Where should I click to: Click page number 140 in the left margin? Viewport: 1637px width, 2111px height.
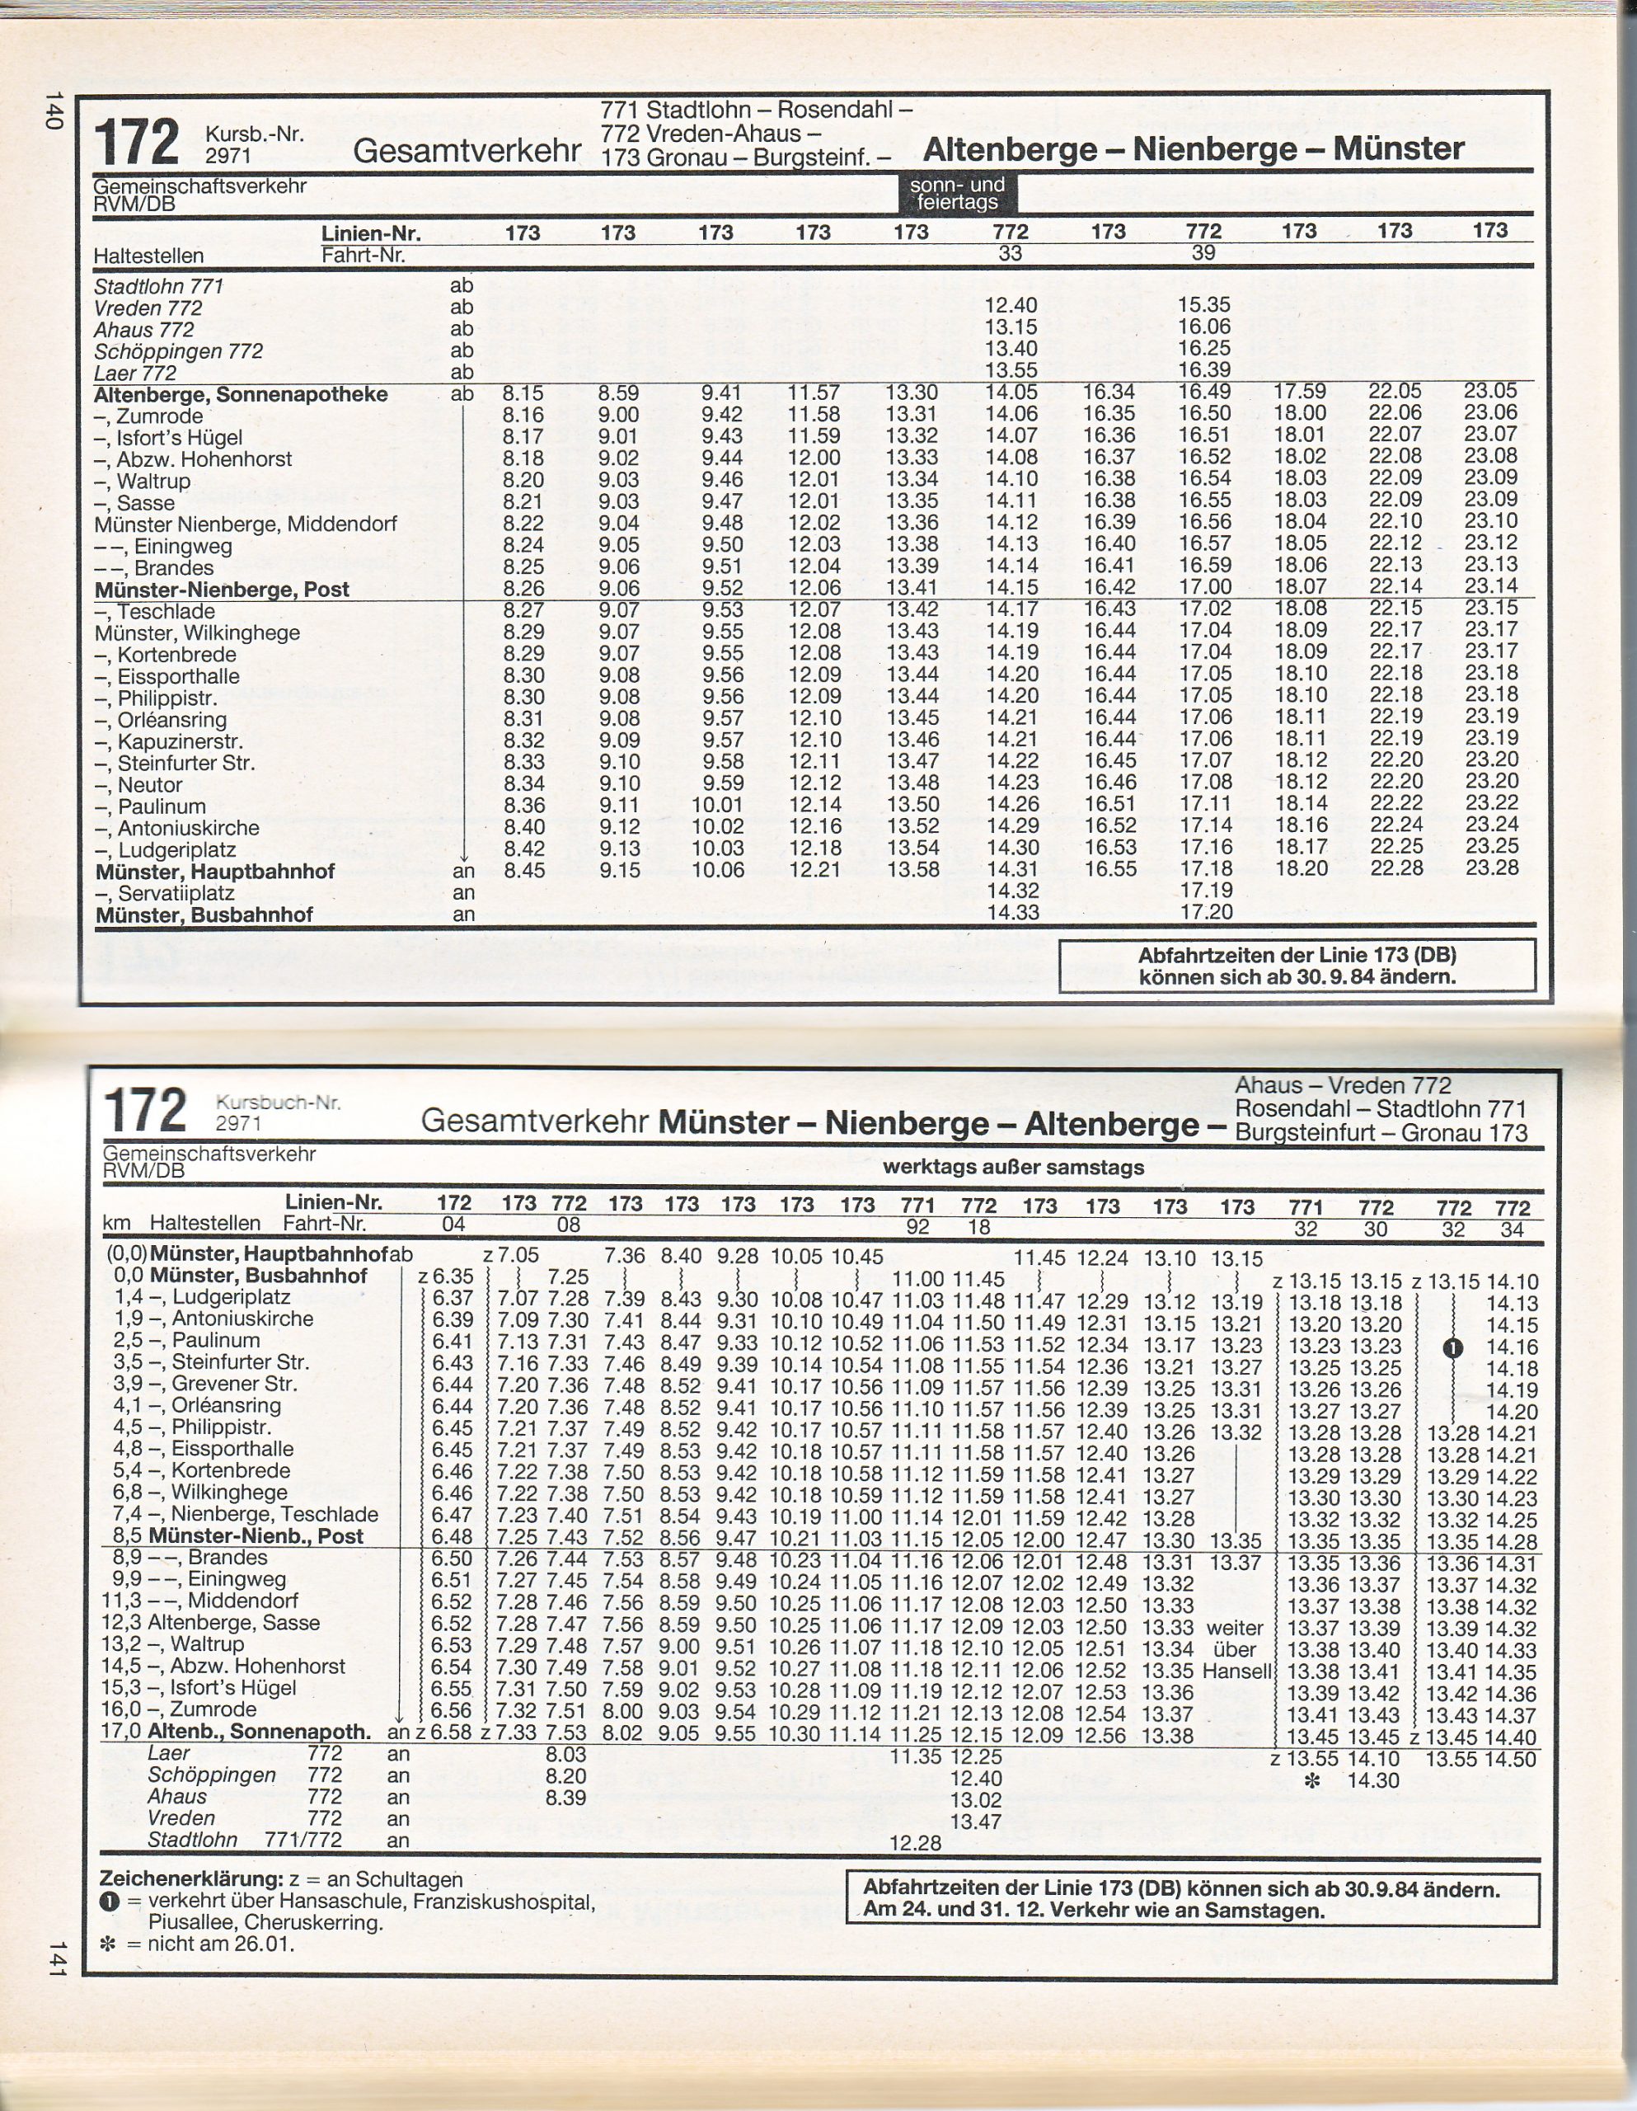pyautogui.click(x=54, y=110)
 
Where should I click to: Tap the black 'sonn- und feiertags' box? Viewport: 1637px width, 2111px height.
pyautogui.click(x=958, y=193)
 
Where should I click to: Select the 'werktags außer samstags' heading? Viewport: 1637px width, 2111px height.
pyautogui.click(x=1013, y=1167)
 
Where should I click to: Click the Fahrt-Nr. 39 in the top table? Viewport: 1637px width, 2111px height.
pyautogui.click(x=1203, y=253)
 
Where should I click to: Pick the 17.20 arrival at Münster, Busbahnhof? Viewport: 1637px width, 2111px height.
pyautogui.click(x=1205, y=911)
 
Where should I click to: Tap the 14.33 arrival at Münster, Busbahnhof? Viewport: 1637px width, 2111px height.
pyautogui.click(x=1011, y=911)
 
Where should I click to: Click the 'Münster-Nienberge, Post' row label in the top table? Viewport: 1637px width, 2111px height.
pyautogui.click(x=221, y=590)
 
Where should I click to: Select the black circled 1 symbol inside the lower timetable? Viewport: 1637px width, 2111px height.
pyautogui.click(x=1452, y=1347)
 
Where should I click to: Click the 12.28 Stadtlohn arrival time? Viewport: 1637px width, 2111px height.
pyautogui.click(x=914, y=1842)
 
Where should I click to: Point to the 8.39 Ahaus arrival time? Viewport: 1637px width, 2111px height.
pyautogui.click(x=567, y=1798)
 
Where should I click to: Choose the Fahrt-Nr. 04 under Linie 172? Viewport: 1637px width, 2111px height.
pyautogui.click(x=453, y=1225)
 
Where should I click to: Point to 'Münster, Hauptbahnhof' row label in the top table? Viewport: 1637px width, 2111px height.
pyautogui.click(x=214, y=871)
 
